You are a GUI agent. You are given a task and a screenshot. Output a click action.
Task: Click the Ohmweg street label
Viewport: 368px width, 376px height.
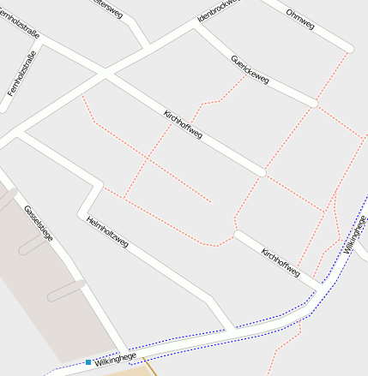300,20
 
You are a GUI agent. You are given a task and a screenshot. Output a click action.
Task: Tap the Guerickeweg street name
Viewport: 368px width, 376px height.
250,70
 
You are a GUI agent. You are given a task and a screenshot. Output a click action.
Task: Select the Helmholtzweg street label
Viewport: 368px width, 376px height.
107,232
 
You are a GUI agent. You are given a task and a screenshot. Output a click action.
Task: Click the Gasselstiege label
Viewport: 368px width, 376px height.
39,223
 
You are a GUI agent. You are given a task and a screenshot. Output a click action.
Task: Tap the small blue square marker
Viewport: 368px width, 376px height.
88,362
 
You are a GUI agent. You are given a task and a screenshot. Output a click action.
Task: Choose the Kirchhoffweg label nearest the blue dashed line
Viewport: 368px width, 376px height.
281,262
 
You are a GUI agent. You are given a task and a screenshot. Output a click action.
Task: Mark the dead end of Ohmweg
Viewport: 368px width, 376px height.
349,47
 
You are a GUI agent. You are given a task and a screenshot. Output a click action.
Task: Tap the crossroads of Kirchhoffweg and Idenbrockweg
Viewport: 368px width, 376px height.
107,75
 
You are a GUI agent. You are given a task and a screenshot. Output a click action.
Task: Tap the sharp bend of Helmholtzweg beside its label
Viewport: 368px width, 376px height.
83,211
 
